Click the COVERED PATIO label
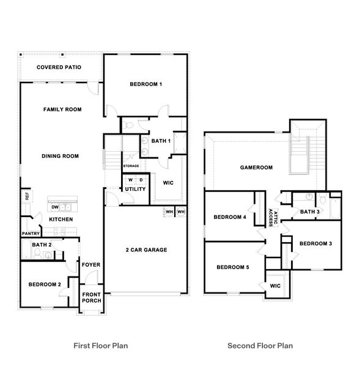pyautogui.click(x=59, y=67)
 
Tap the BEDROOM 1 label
pyautogui.click(x=145, y=84)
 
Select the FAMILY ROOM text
pyautogui.click(x=62, y=109)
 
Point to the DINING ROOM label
pyautogui.click(x=61, y=156)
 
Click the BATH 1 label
pyautogui.click(x=161, y=141)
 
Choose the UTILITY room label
pyautogui.click(x=135, y=189)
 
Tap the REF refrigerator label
pyautogui.click(x=27, y=196)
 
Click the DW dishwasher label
pyautogui.click(x=54, y=207)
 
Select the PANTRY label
pyautogui.click(x=31, y=234)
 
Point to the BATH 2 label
pyautogui.click(x=42, y=245)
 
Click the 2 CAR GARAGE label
pyautogui.click(x=146, y=250)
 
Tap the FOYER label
pyautogui.click(x=91, y=265)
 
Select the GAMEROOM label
pyautogui.click(x=255, y=167)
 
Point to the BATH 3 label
pyautogui.click(x=309, y=212)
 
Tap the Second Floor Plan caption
pyautogui.click(x=260, y=346)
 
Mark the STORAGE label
pyautogui.click(x=131, y=166)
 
